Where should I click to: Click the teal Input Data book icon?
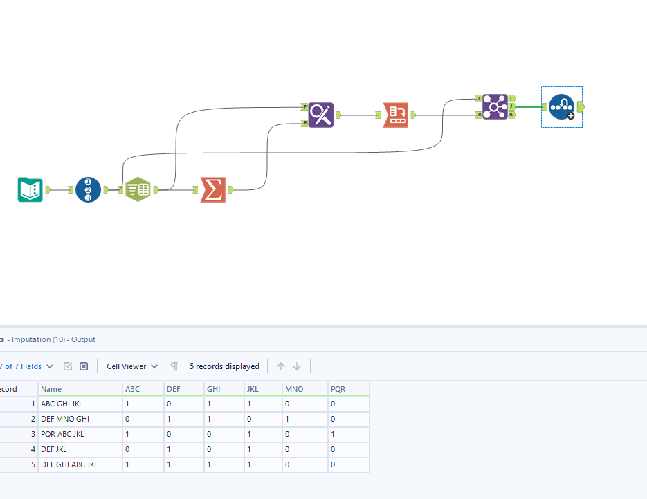click(30, 189)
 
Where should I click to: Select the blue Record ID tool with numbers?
click(88, 189)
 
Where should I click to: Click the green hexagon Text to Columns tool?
click(138, 189)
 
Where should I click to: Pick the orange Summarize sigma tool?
click(212, 189)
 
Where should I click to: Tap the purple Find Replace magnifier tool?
click(321, 115)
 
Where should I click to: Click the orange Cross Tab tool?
click(396, 115)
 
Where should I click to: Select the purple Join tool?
click(495, 106)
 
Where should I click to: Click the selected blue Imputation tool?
click(561, 107)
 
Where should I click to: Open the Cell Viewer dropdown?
click(132, 366)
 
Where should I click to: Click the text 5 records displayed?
click(224, 366)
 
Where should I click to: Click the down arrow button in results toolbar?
click(297, 366)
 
